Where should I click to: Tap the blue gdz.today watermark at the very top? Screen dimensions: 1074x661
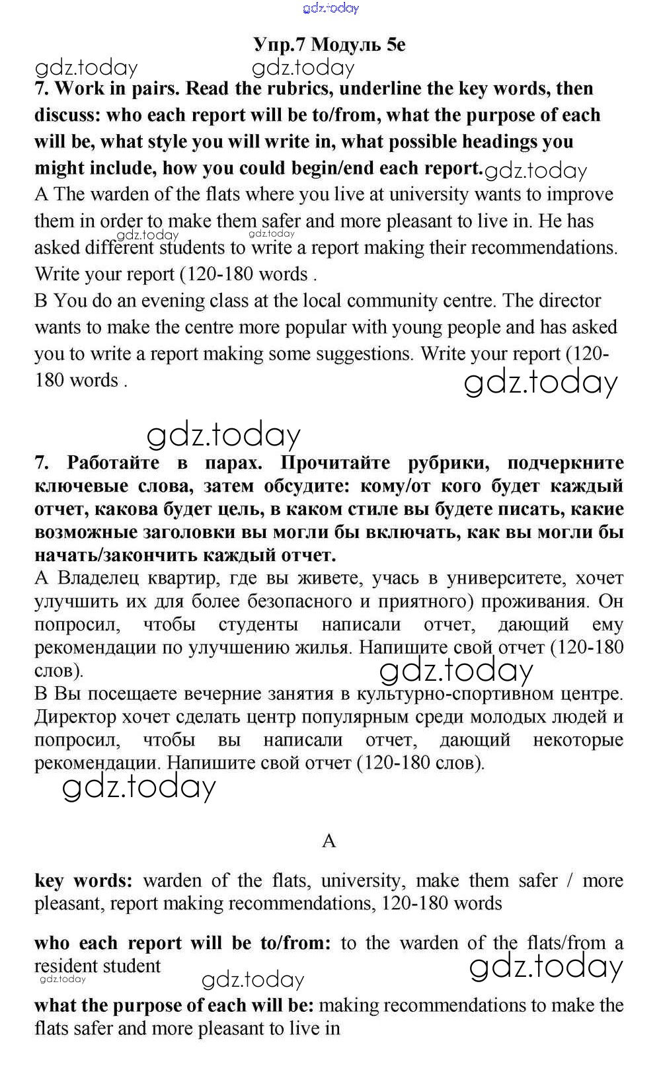[330, 8]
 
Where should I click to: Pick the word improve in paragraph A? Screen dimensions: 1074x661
[576, 194]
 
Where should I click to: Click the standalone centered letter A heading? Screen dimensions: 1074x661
[329, 841]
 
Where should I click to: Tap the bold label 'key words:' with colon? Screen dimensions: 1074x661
[84, 881]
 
